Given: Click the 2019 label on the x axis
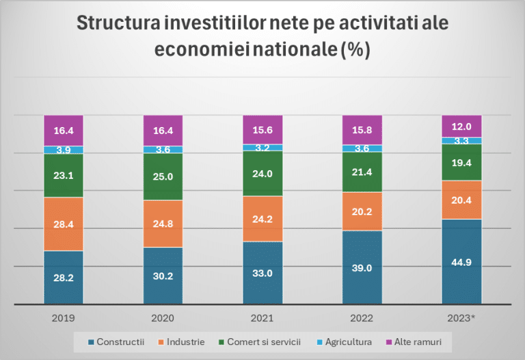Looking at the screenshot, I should [63, 318].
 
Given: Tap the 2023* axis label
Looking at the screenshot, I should [461, 318].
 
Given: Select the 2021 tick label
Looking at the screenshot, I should [262, 318].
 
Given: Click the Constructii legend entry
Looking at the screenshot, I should [116, 341].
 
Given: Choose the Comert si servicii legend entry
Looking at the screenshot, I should [262, 341].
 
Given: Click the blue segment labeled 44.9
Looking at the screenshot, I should [461, 262].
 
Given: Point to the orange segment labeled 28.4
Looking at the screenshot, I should [63, 224].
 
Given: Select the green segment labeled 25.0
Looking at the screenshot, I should [163, 177].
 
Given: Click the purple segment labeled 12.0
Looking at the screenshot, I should [461, 126].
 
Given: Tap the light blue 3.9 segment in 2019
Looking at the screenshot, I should [63, 150].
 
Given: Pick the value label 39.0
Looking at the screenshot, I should [362, 268].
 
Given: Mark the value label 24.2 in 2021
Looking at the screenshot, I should [262, 219].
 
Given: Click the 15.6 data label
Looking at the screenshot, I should [262, 130].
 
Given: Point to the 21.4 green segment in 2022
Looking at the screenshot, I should [362, 172].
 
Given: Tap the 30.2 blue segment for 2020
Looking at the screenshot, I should [163, 276].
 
